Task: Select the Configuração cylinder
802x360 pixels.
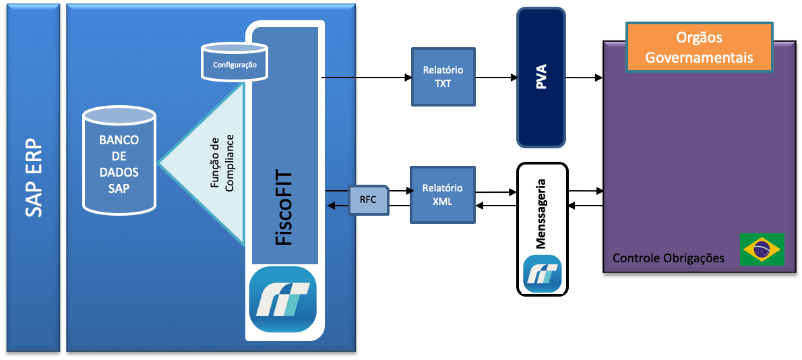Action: [x=235, y=63]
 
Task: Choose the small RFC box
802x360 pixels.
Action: [x=369, y=200]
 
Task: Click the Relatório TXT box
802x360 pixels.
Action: [x=443, y=77]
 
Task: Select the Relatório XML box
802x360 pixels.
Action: [x=442, y=194]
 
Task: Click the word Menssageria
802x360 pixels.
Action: [x=541, y=215]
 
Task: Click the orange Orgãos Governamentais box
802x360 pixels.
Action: [x=698, y=47]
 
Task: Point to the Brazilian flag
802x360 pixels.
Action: [x=762, y=249]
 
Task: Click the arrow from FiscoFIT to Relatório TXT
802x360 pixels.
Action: [x=367, y=77]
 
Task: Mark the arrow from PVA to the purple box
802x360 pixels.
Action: [x=584, y=78]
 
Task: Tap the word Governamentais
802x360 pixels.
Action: [x=698, y=57]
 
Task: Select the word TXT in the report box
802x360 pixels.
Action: [x=443, y=84]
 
